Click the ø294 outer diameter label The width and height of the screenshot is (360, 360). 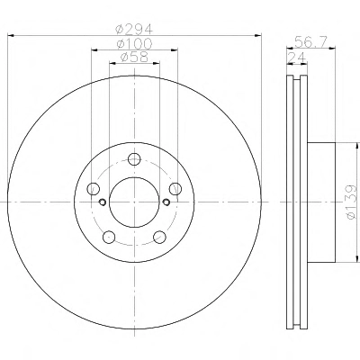(134, 30)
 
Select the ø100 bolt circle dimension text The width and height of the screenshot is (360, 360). (134, 44)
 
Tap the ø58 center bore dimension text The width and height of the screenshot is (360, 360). (134, 57)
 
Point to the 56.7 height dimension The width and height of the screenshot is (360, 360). (310, 41)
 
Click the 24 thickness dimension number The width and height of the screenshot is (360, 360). (296, 58)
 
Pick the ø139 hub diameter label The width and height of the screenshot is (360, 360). (351, 202)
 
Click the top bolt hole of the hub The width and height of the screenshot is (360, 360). (134, 158)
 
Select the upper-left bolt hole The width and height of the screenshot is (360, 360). (93, 189)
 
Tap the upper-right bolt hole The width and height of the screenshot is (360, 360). (175, 189)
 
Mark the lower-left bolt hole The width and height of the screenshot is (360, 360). (109, 237)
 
